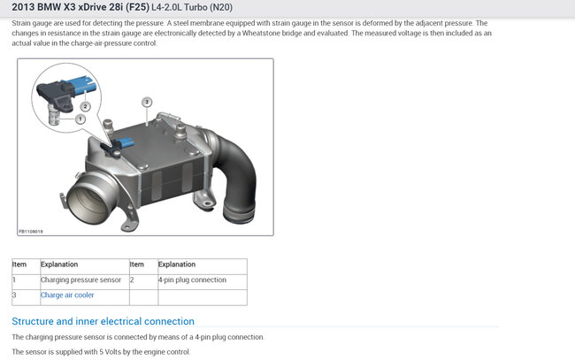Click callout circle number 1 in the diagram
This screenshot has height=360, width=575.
80,119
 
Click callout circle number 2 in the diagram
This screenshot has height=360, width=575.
85,107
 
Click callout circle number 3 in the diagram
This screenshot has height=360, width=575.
147,102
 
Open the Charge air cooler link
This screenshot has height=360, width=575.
67,295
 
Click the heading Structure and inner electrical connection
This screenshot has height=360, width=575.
103,321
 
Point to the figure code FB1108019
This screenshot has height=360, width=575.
31,232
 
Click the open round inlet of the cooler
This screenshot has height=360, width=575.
87,200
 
